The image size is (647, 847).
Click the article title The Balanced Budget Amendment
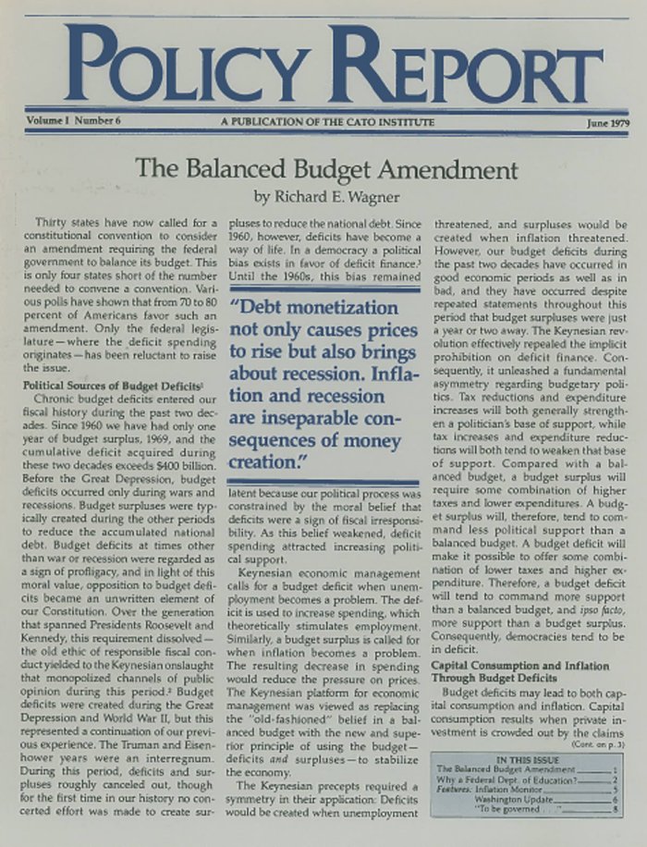coord(325,170)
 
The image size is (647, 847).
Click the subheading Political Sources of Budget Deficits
coord(112,385)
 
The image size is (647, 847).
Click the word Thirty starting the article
coord(52,224)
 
